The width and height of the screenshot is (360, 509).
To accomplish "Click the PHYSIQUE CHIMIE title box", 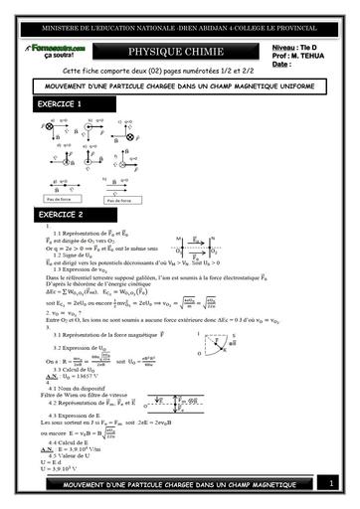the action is [x=181, y=52].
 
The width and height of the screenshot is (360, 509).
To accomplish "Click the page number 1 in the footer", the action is [x=332, y=483].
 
